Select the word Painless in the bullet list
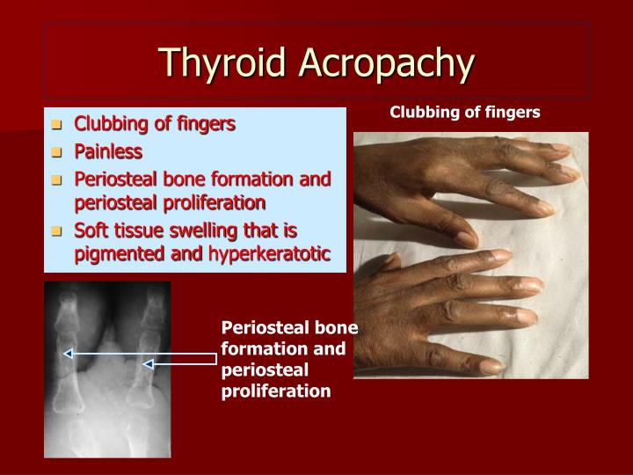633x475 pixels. [107, 151]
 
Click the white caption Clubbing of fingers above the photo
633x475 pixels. [465, 112]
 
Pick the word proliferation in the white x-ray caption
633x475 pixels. [276, 390]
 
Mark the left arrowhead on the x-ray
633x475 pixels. [68, 354]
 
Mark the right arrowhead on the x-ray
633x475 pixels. [148, 362]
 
